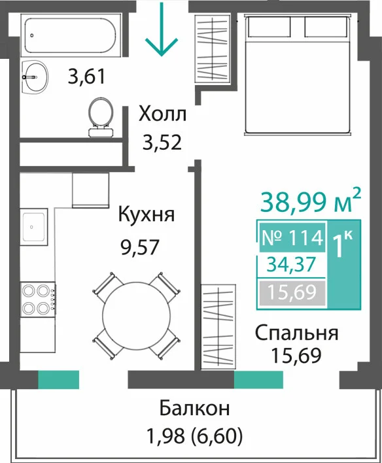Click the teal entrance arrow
pos(162,29)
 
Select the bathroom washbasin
pos(35,78)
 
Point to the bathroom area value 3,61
pos(86,77)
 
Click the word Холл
pos(162,114)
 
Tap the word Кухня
pos(147,214)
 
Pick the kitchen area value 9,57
pos(140,247)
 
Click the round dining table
pos(137,316)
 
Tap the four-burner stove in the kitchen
pos(38,299)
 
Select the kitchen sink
pos(33,227)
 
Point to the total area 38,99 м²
pos(310,201)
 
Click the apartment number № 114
pos(292,238)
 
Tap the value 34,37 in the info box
pos(291,264)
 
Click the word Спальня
pos(296,334)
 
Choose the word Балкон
pos(194,409)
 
